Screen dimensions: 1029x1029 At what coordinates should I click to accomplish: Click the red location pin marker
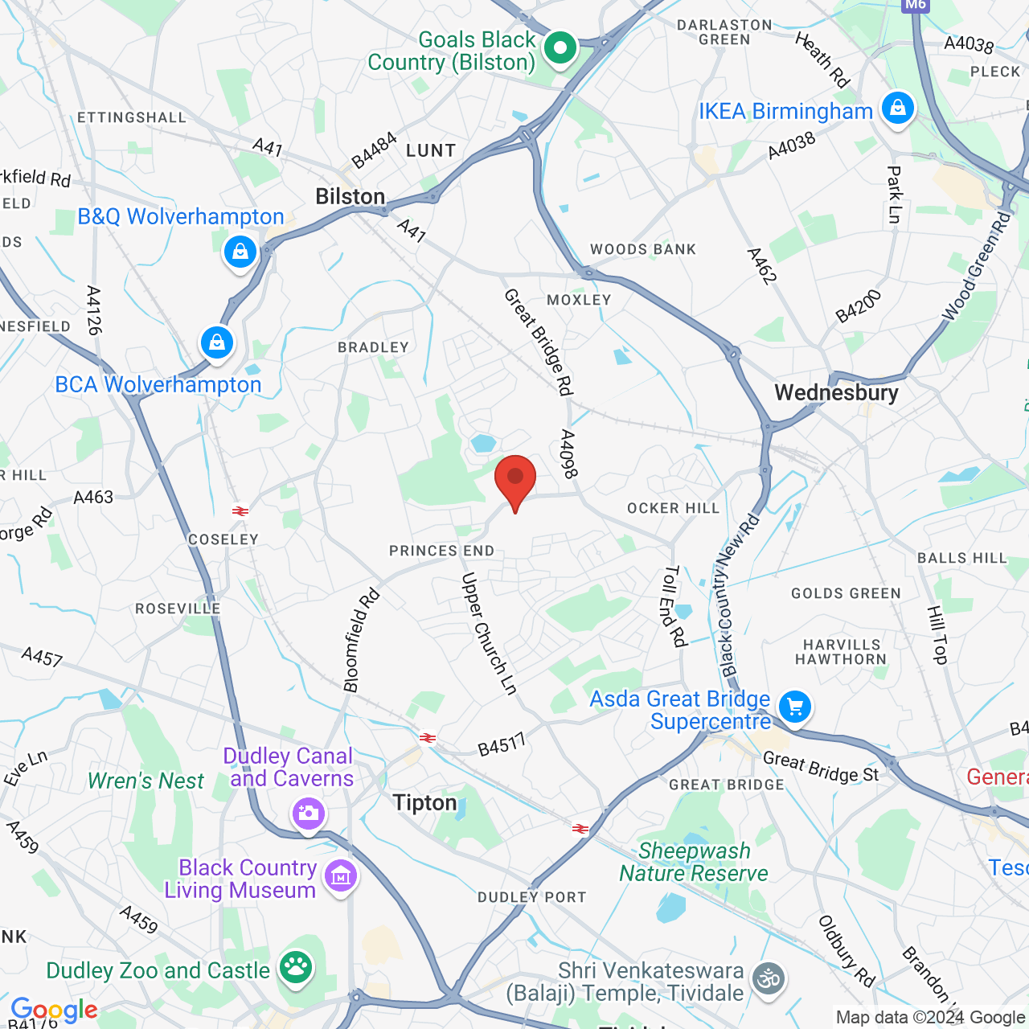pyautogui.click(x=515, y=479)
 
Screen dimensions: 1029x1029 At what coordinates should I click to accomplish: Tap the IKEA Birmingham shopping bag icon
pyautogui.click(x=898, y=108)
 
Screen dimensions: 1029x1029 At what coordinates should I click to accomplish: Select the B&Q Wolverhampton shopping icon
pyautogui.click(x=240, y=252)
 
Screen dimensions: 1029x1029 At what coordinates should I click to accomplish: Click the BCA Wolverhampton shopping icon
pyautogui.click(x=216, y=343)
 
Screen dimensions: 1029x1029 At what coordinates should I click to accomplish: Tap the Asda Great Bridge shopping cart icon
pyautogui.click(x=795, y=707)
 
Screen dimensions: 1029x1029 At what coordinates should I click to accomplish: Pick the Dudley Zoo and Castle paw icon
pyautogui.click(x=296, y=967)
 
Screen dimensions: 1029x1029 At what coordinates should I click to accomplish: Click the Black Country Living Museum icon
pyautogui.click(x=341, y=876)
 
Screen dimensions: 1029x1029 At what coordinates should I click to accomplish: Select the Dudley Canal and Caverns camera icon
pyautogui.click(x=308, y=814)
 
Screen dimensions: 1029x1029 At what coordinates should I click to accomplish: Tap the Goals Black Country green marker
pyautogui.click(x=560, y=48)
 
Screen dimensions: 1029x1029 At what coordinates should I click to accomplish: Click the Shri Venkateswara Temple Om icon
pyautogui.click(x=769, y=978)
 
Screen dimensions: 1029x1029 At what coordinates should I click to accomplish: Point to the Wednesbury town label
pyautogui.click(x=836, y=392)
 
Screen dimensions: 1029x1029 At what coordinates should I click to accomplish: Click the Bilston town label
pyautogui.click(x=350, y=197)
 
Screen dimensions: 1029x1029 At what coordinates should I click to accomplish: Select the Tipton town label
pyautogui.click(x=424, y=802)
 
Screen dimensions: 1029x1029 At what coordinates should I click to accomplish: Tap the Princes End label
pyautogui.click(x=441, y=551)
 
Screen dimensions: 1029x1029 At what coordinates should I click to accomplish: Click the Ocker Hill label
pyautogui.click(x=673, y=508)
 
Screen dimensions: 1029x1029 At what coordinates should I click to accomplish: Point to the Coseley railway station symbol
pyautogui.click(x=240, y=510)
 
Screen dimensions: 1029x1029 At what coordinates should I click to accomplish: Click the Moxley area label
pyautogui.click(x=579, y=300)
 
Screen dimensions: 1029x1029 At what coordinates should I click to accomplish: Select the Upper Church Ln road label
pyautogui.click(x=488, y=633)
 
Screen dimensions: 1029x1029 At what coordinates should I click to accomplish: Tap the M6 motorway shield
pyautogui.click(x=915, y=5)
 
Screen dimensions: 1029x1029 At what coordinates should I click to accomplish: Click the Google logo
pyautogui.click(x=54, y=1010)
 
